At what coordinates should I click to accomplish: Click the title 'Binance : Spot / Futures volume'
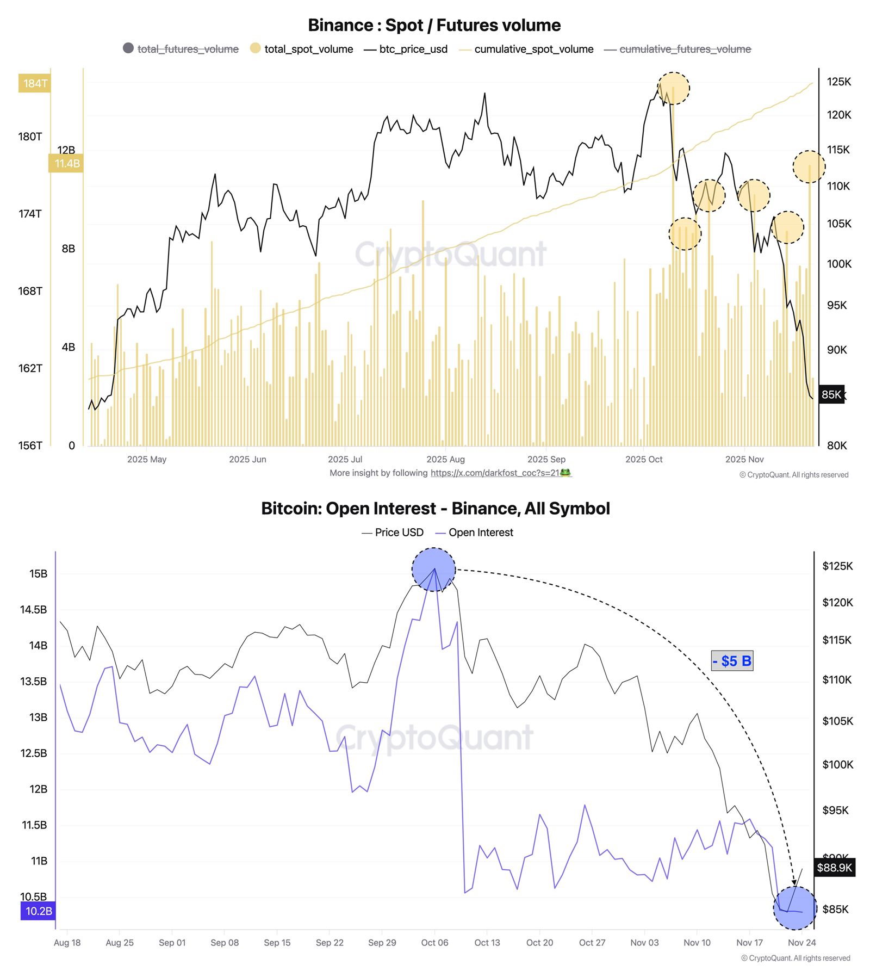(434, 25)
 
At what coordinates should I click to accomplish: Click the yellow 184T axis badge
(35, 83)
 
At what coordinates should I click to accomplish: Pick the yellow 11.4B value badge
(66, 163)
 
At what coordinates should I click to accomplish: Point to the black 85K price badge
(831, 394)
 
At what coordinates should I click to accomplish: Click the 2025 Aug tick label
(445, 459)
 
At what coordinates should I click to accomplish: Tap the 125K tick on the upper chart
(838, 82)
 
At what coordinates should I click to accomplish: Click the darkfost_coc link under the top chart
(500, 473)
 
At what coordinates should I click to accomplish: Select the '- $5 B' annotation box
(732, 661)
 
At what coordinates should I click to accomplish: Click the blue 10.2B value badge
(38, 911)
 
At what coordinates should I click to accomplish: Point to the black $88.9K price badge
(834, 867)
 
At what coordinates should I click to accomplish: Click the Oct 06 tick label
(434, 942)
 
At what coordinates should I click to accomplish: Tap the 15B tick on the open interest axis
(38, 573)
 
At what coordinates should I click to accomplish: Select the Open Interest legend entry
(480, 532)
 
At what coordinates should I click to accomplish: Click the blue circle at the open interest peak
(433, 570)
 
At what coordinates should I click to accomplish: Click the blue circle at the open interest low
(795, 907)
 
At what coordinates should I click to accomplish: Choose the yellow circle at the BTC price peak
(673, 88)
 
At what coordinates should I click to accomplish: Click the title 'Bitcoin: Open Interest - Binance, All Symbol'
(435, 508)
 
